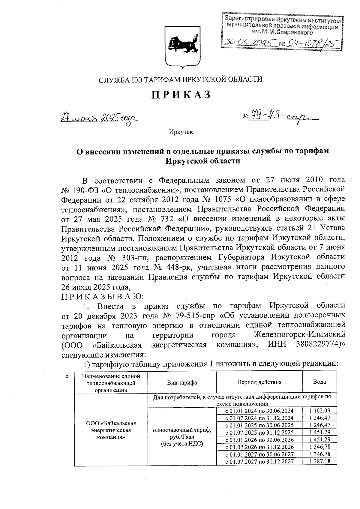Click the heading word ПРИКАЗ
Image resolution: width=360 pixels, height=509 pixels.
pyautogui.click(x=181, y=95)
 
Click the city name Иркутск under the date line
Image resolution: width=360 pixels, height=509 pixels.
pyautogui.click(x=181, y=132)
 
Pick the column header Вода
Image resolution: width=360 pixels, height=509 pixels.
pyautogui.click(x=319, y=382)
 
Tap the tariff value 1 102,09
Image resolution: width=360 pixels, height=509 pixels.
pyautogui.click(x=320, y=411)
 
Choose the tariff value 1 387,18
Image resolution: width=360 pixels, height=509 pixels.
pyautogui.click(x=320, y=461)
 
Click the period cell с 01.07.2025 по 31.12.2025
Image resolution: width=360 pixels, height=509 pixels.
pyautogui.click(x=259, y=432)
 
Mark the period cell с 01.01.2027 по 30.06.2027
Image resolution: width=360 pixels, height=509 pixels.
pyautogui.click(x=259, y=454)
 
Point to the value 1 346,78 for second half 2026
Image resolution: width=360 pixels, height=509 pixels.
pyautogui.click(x=320, y=447)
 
